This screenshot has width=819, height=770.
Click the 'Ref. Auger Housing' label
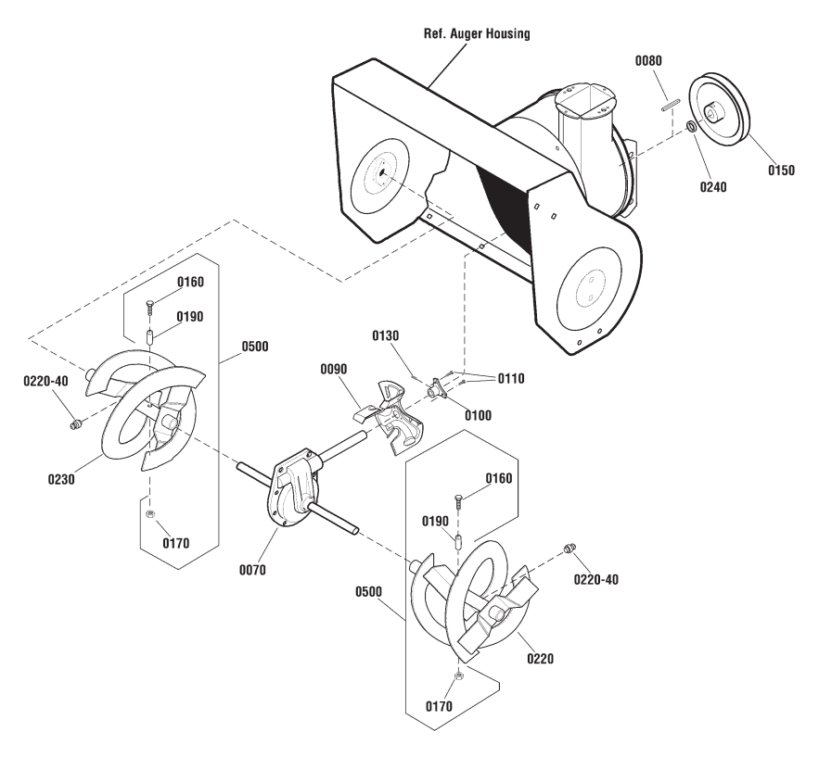click(477, 34)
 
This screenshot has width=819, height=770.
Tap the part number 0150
click(781, 170)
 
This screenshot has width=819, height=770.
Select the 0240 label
click(713, 187)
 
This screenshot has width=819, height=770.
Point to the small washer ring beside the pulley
click(691, 126)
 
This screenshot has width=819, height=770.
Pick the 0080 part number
click(648, 61)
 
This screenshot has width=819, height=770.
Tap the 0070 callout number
click(252, 570)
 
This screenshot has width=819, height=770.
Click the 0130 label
click(385, 336)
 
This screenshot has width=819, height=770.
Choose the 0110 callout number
click(511, 379)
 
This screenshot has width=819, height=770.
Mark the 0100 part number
click(478, 415)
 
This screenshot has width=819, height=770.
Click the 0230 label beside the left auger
click(61, 479)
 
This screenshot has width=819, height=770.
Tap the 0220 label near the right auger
click(540, 659)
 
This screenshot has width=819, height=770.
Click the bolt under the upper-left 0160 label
click(150, 308)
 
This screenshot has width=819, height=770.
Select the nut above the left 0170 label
click(149, 514)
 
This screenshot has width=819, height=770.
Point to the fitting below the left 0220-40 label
click(75, 424)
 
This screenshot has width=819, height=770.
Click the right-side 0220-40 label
click(596, 580)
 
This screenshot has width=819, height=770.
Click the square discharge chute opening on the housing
click(586, 100)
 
